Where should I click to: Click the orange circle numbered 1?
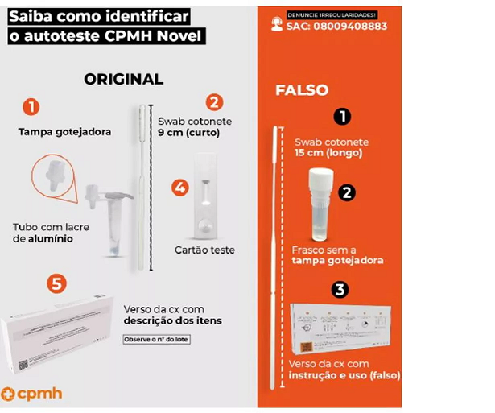[x=30, y=106]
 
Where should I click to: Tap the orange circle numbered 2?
[x=214, y=101]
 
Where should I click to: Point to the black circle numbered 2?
[x=348, y=192]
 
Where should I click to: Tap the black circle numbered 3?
[x=342, y=288]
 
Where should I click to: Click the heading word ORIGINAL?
[x=123, y=79]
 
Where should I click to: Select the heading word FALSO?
[x=302, y=90]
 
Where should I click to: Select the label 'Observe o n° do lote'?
[x=156, y=339]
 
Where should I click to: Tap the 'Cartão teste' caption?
[x=204, y=250]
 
